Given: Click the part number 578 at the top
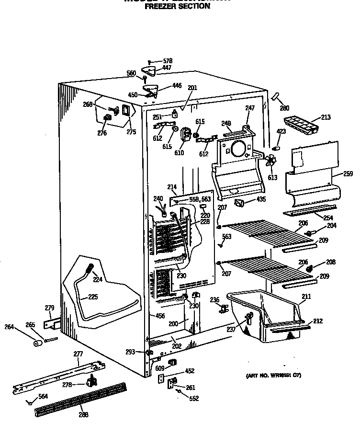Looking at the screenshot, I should (167, 61).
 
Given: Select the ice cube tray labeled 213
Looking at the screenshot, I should (299, 126).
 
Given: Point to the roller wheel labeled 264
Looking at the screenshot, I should (37, 343).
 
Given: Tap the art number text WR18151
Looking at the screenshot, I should (275, 375).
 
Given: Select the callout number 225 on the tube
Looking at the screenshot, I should (93, 297).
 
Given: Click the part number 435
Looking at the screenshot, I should (261, 199).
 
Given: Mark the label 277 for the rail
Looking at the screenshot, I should (78, 354).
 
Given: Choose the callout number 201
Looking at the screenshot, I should (192, 88).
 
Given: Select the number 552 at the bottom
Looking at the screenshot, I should (193, 398).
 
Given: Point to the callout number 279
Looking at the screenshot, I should (49, 308).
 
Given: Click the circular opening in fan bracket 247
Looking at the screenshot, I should (237, 149).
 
